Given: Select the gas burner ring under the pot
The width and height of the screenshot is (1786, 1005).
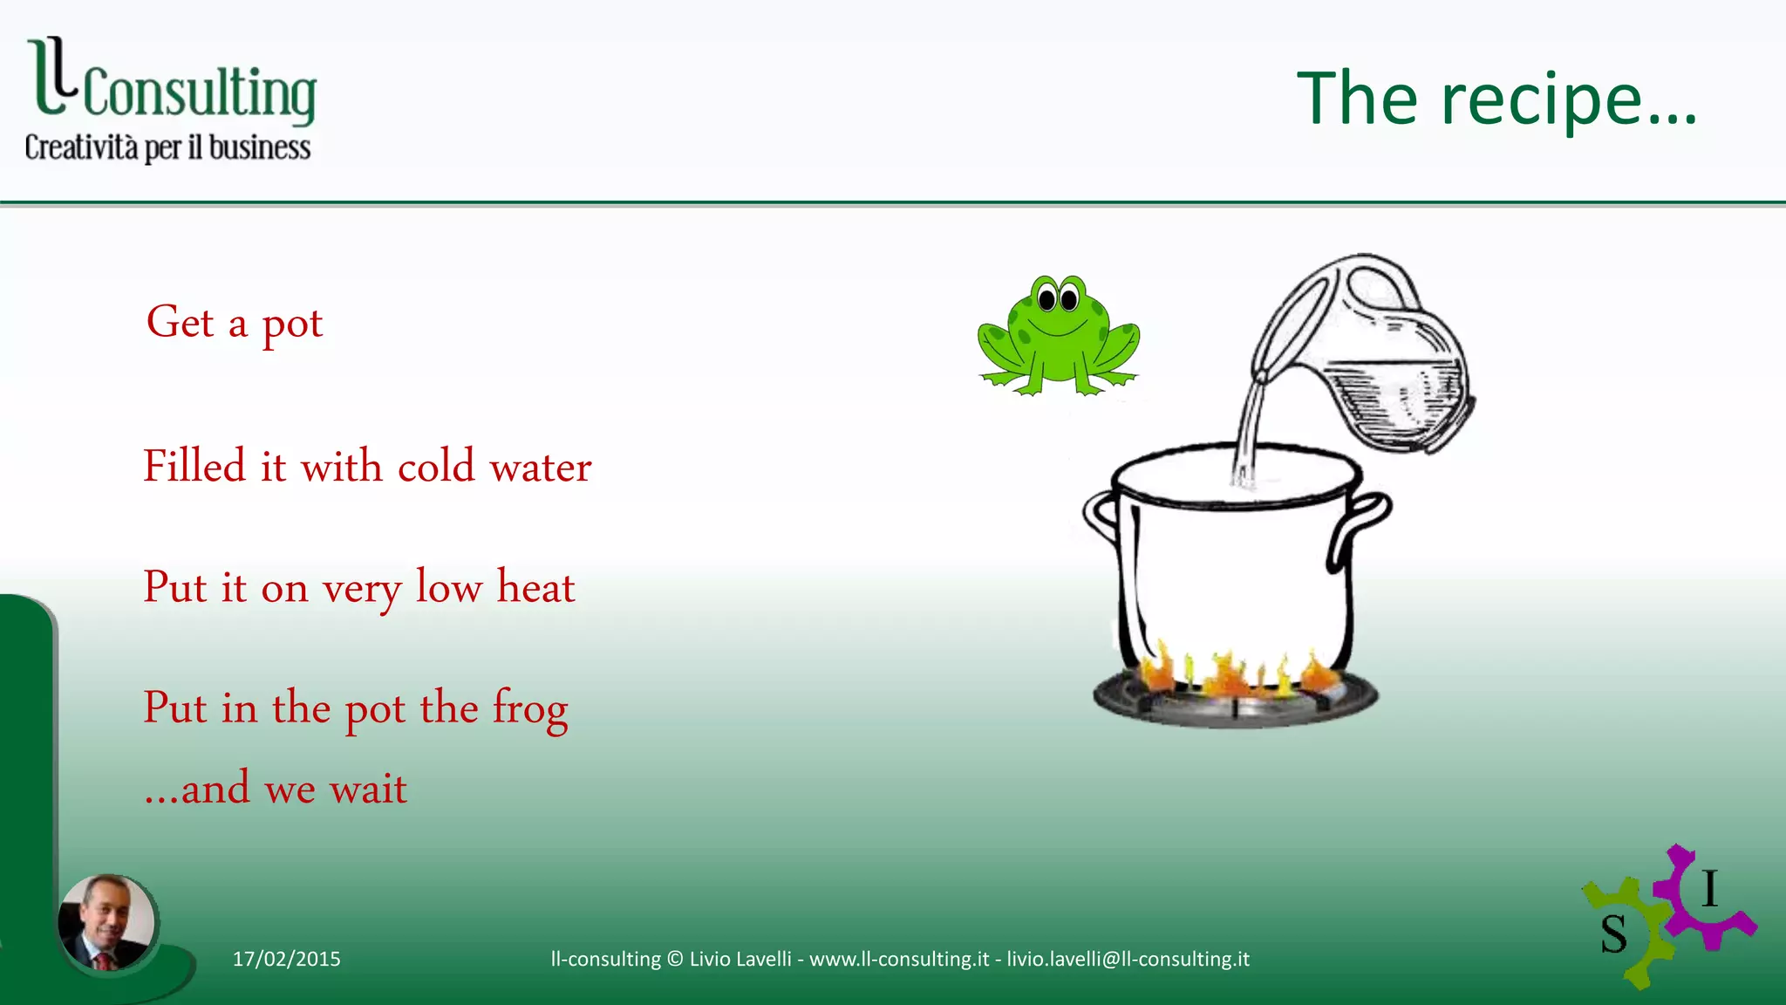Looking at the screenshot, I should point(1235,703).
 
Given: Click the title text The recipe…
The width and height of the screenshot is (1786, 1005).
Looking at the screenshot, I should point(1496,99).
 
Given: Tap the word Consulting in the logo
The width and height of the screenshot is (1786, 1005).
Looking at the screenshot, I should point(200,92).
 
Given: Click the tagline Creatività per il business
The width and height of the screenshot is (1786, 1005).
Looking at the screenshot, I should point(167,147).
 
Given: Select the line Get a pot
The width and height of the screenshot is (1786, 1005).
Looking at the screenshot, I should point(234,323).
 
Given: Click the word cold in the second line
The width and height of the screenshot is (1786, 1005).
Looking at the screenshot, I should point(436,466).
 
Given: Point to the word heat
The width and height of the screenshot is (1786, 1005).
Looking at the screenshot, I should point(535,586).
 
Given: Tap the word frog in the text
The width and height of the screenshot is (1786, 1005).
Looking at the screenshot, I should point(530,708).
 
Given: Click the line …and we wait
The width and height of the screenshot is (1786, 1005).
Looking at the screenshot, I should point(276,789).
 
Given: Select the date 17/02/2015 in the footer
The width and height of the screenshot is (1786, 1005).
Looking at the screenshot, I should point(286,959).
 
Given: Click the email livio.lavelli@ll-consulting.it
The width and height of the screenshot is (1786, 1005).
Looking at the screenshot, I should point(1128,959).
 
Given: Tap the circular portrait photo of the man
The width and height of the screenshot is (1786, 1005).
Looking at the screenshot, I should point(106,922).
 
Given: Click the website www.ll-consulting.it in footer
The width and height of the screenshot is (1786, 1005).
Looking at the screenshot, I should point(899,959).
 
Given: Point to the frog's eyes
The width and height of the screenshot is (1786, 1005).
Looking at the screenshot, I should point(1058,299).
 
